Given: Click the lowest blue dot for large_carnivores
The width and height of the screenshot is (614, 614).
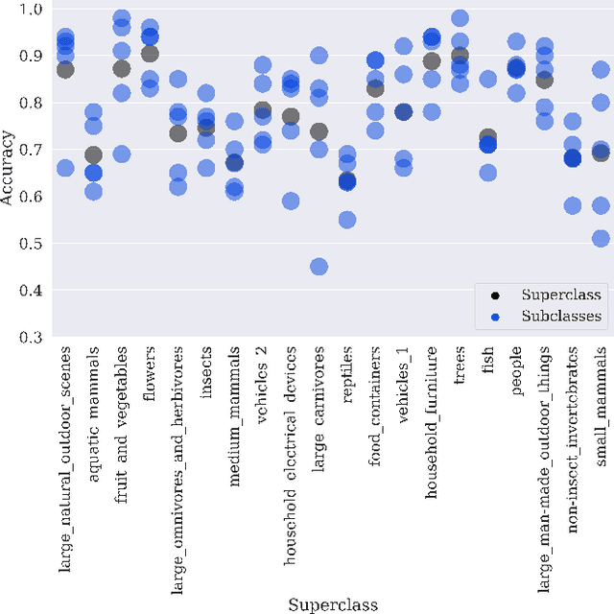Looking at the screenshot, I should [x=319, y=266].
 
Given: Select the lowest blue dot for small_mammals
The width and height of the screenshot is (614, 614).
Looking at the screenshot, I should [x=601, y=238].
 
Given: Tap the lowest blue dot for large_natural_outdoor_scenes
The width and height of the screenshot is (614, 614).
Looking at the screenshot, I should [x=65, y=168].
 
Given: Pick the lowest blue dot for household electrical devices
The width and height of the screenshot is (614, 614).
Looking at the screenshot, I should [x=291, y=201].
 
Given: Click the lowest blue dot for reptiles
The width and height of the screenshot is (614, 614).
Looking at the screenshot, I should [x=347, y=220].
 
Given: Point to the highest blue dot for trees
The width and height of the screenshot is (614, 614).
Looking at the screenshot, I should [x=460, y=18].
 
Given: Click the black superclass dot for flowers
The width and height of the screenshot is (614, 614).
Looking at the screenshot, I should [x=150, y=54].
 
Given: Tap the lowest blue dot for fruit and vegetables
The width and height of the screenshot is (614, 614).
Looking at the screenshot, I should [x=122, y=153].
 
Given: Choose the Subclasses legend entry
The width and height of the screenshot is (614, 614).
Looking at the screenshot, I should [x=561, y=315].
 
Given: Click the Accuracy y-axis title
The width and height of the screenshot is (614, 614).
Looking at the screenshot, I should [x=9, y=173].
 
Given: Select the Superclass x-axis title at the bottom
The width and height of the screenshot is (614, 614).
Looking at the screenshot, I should [x=333, y=604].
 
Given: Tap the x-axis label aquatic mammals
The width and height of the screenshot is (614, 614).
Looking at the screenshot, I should [x=94, y=393].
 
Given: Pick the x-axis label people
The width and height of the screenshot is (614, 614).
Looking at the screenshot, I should [x=516, y=372].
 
